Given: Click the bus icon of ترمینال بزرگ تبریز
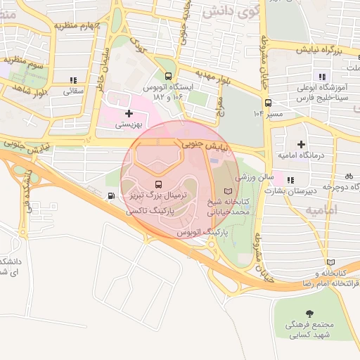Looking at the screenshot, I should coord(156,185).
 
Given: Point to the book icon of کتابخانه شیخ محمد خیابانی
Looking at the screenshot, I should coord(226,191).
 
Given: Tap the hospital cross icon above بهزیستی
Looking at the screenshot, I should coord(128,112).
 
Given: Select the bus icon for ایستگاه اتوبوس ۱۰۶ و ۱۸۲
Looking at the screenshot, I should coord(167,77).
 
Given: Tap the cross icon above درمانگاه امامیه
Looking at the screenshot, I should coord(301,143).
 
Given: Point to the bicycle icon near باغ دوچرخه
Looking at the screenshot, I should coord(347,176).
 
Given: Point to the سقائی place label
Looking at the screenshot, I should coord(74,91).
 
